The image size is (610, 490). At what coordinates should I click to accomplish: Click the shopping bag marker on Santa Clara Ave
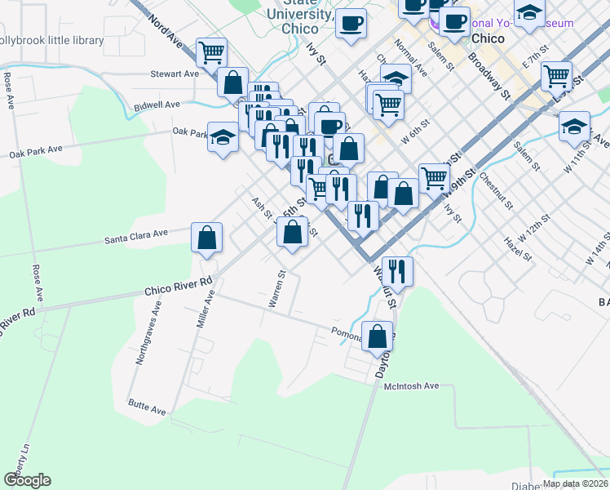tap(207, 238)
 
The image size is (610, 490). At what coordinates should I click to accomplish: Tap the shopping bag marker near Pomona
tap(378, 336)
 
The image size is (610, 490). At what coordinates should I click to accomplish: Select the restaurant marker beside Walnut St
tap(397, 269)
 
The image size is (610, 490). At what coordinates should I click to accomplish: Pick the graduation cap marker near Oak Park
tap(222, 137)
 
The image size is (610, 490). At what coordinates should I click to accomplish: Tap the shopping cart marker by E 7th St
tap(556, 76)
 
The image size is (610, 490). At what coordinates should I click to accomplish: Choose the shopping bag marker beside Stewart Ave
tap(232, 82)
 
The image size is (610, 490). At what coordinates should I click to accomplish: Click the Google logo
tap(27, 479)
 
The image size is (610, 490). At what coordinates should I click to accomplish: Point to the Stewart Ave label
tap(175, 73)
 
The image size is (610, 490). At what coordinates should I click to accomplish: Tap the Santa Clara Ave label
tap(136, 237)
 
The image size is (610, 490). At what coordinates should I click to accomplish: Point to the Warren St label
tap(277, 289)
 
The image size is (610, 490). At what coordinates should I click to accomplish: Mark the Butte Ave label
tap(147, 403)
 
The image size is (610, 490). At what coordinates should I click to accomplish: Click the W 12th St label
tap(534, 231)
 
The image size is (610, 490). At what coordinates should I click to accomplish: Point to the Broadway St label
tap(489, 77)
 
